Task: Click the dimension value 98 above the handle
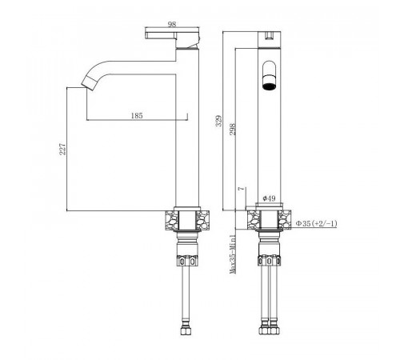(172, 24)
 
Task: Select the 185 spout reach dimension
(137, 115)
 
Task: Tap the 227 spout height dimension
(62, 150)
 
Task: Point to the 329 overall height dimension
(219, 121)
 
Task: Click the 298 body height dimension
(233, 129)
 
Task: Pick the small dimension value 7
(242, 189)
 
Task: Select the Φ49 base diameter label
(269, 198)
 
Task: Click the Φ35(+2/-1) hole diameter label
(317, 223)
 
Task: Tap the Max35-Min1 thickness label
(233, 254)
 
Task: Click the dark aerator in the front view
(270, 86)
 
